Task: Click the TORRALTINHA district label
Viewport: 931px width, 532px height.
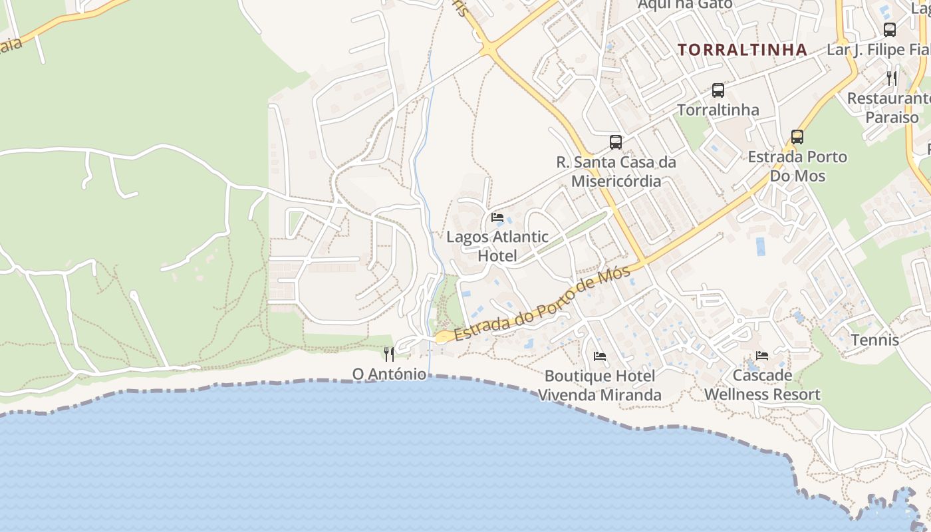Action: tap(742, 50)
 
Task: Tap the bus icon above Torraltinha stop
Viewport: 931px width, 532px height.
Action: tap(718, 90)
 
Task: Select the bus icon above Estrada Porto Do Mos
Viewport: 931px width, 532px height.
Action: tap(797, 138)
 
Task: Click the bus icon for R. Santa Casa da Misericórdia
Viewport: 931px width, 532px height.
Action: tap(616, 142)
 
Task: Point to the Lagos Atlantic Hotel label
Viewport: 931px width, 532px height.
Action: tap(497, 246)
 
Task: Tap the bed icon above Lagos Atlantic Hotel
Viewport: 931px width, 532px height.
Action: tap(497, 217)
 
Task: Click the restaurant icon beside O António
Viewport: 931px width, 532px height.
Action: tap(389, 354)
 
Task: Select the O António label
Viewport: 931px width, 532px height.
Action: tap(389, 374)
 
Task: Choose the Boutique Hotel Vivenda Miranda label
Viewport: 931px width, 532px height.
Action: tap(600, 386)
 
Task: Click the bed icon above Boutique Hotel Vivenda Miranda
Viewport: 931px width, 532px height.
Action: tap(600, 356)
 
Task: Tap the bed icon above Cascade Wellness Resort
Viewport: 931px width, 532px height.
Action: tap(762, 356)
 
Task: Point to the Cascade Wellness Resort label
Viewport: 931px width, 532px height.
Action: tap(762, 385)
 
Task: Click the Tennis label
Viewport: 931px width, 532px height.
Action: tap(874, 340)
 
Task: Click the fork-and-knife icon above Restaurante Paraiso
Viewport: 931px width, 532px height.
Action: tap(892, 78)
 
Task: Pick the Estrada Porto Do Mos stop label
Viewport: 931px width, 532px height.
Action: tap(797, 166)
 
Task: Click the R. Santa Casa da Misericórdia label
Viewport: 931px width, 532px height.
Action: tap(616, 172)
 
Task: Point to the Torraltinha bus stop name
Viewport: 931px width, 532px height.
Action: tap(718, 110)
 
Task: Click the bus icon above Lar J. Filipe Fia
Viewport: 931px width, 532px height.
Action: tap(889, 30)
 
